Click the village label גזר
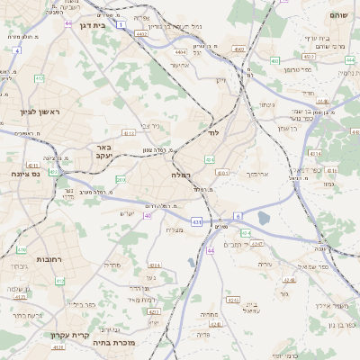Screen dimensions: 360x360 [283, 293]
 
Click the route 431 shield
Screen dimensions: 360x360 [196, 220]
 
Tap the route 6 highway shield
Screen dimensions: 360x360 [238, 216]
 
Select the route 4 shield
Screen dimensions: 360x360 [17, 51]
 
